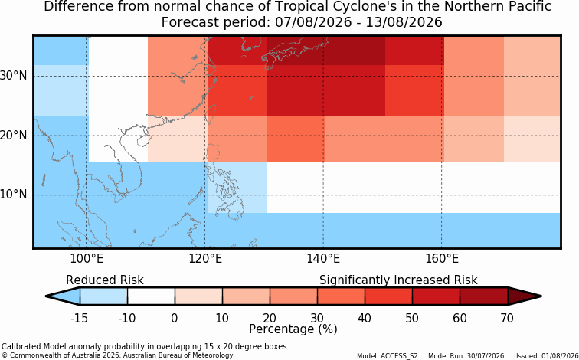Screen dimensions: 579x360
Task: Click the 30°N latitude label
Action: [x=13, y=76]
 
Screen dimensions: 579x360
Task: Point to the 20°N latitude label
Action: [x=13, y=135]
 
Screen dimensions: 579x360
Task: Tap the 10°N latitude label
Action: [x=13, y=195]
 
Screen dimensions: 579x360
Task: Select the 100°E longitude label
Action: [x=87, y=259]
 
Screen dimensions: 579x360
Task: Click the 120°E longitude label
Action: [x=205, y=259]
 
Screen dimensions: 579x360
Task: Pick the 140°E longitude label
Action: [x=323, y=259]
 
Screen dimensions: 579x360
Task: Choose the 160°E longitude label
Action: [x=442, y=259]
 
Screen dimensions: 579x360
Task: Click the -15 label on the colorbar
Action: [x=79, y=318]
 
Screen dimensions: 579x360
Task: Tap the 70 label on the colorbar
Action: [x=507, y=318]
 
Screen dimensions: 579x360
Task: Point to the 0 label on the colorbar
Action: [x=175, y=318]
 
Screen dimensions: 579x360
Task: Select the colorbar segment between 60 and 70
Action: [x=484, y=296]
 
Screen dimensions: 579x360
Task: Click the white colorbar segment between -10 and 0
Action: [x=151, y=296]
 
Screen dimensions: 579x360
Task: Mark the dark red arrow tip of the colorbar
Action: [x=541, y=296]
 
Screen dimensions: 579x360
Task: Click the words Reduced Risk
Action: [x=104, y=280]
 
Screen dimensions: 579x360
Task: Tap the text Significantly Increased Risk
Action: [x=398, y=280]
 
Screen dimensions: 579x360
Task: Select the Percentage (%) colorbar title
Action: [x=293, y=329]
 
